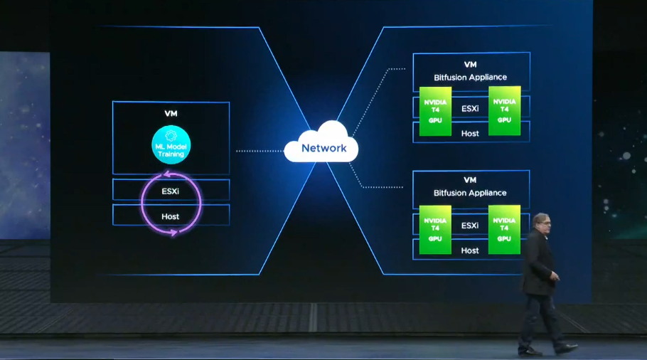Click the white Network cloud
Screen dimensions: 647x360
pyautogui.click(x=321, y=142)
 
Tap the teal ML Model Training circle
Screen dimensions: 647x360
pyautogui.click(x=171, y=145)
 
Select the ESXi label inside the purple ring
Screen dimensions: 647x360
pyautogui.click(x=171, y=191)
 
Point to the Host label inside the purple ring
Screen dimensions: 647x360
pyautogui.click(x=170, y=216)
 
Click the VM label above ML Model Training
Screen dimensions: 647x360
pyautogui.click(x=171, y=114)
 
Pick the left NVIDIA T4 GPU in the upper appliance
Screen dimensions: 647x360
pyautogui.click(x=435, y=111)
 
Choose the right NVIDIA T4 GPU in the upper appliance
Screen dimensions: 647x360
pyautogui.click(x=504, y=111)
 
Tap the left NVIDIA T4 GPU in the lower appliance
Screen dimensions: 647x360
pyautogui.click(x=435, y=230)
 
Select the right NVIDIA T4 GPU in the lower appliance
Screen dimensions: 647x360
pyautogui.click(x=504, y=230)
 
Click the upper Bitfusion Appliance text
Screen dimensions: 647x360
pyautogui.click(x=471, y=78)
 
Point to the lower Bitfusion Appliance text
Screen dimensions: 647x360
pyautogui.click(x=470, y=193)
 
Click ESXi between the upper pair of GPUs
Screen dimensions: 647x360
pyautogui.click(x=470, y=109)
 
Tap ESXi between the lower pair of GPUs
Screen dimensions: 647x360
pyautogui.click(x=470, y=226)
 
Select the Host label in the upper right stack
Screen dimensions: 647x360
pyautogui.click(x=470, y=133)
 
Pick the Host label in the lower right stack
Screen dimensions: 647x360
pyautogui.click(x=469, y=250)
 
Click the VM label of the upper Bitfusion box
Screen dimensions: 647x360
pyautogui.click(x=471, y=65)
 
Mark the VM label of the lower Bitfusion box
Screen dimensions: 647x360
pyautogui.click(x=470, y=180)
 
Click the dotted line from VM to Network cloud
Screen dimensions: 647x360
pyautogui.click(x=260, y=151)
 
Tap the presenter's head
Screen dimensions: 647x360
pyautogui.click(x=541, y=223)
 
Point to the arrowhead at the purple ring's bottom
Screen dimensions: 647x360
pyautogui.click(x=174, y=233)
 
